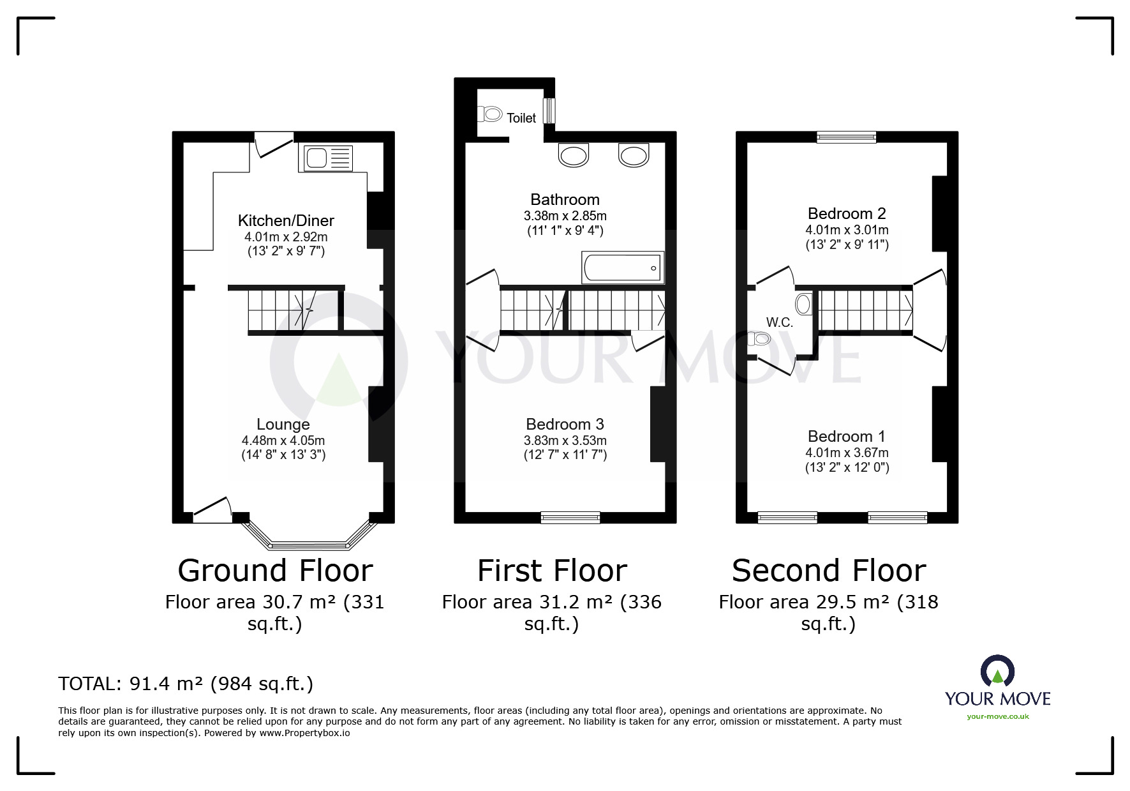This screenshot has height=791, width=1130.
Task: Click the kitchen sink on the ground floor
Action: point(325,158)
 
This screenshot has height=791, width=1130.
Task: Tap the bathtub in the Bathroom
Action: point(623,267)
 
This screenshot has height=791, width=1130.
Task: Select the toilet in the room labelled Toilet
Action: point(490,115)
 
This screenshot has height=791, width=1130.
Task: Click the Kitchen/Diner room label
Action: point(286,221)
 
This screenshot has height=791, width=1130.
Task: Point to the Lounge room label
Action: point(283,425)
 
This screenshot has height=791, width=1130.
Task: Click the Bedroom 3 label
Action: point(565,425)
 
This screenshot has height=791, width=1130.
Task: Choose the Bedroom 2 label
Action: point(847,214)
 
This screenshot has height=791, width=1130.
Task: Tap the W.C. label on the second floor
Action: point(779,323)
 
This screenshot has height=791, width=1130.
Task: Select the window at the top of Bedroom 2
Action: point(847,135)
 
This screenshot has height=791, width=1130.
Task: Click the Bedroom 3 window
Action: point(570,517)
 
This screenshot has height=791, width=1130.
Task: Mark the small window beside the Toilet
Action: point(548,110)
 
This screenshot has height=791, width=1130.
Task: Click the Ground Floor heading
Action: point(275,571)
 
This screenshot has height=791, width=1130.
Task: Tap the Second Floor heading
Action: point(829,571)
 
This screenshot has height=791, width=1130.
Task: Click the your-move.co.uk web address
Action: point(997,716)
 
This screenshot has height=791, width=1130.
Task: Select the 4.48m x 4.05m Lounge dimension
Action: point(283,441)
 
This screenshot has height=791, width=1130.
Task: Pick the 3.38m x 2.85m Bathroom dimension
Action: point(565,216)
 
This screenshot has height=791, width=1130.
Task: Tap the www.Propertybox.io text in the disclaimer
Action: point(304,733)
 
